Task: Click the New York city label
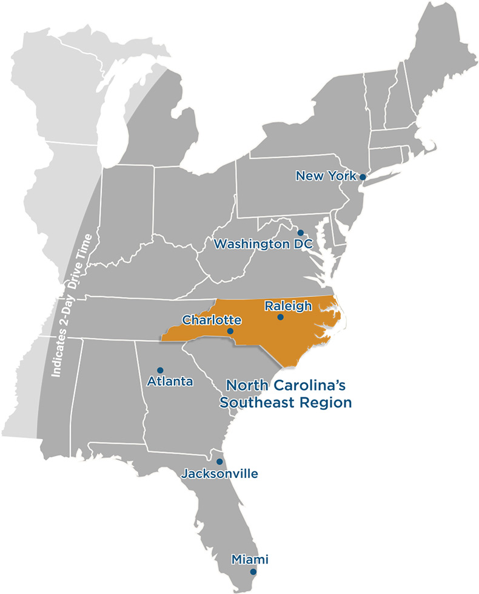[x=326, y=176]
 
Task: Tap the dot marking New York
[x=363, y=177]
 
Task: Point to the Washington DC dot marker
[x=300, y=233]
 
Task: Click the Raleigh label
[x=288, y=306]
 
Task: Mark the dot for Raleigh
[x=280, y=317]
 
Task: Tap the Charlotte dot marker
[x=230, y=332]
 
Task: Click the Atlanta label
[x=170, y=381]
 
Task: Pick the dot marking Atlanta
[x=160, y=370]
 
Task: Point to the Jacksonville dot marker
[x=219, y=462]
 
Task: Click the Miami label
[x=250, y=559]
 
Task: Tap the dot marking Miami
[x=253, y=572]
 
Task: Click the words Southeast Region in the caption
[x=286, y=402]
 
